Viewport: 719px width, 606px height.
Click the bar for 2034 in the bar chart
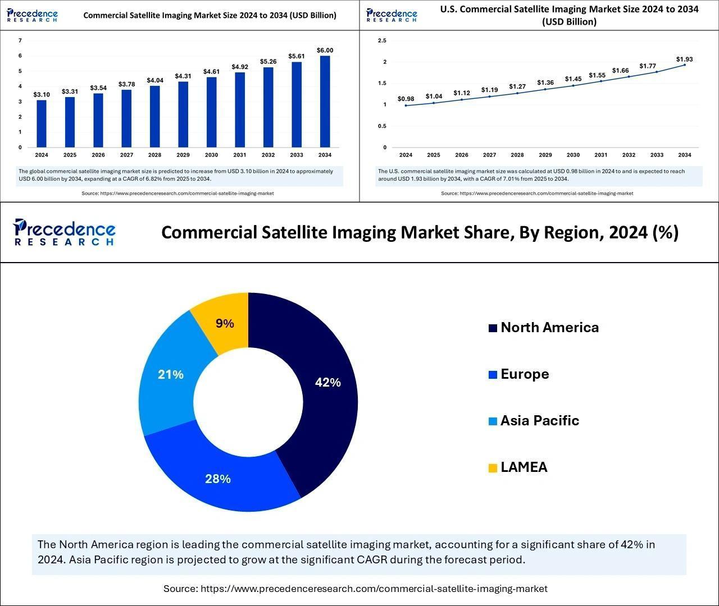pyautogui.click(x=325, y=102)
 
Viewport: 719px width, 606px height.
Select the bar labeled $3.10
pyautogui.click(x=42, y=123)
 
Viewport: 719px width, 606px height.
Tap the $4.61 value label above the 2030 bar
pyautogui.click(x=211, y=71)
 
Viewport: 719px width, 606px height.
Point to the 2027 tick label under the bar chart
pyautogui.click(x=126, y=155)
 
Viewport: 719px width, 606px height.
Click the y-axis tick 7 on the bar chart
pyautogui.click(x=20, y=40)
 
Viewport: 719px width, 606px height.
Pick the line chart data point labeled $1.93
pyautogui.click(x=684, y=65)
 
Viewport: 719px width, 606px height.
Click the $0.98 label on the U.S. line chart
pyautogui.click(x=406, y=99)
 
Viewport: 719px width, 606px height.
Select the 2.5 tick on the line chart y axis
pyautogui.click(x=383, y=40)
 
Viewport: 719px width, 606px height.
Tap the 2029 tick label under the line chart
pyautogui.click(x=545, y=155)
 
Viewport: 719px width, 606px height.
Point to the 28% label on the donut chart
pyautogui.click(x=217, y=479)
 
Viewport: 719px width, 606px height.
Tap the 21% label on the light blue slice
pyautogui.click(x=171, y=374)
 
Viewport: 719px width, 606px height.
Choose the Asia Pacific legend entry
pyautogui.click(x=539, y=421)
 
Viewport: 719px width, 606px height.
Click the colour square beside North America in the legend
pyautogui.click(x=493, y=328)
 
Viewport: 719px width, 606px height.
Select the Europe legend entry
pyautogui.click(x=524, y=374)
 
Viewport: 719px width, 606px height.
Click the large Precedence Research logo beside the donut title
pyautogui.click(x=64, y=232)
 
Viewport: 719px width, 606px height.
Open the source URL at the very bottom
pyautogui.click(x=374, y=589)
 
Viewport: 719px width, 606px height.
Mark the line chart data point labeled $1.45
pyautogui.click(x=573, y=85)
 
